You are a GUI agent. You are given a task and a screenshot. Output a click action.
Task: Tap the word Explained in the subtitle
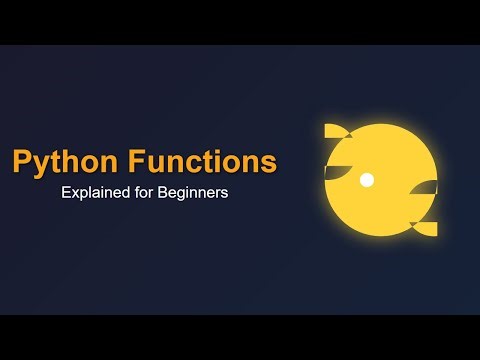95,192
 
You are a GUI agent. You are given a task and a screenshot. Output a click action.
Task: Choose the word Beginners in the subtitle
194,192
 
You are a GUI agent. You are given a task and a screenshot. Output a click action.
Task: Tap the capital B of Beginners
165,191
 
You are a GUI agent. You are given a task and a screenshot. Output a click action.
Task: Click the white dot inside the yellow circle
367,180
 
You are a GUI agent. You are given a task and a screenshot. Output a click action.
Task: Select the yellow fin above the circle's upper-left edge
335,131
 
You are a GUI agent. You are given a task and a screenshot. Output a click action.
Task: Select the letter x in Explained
77,192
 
